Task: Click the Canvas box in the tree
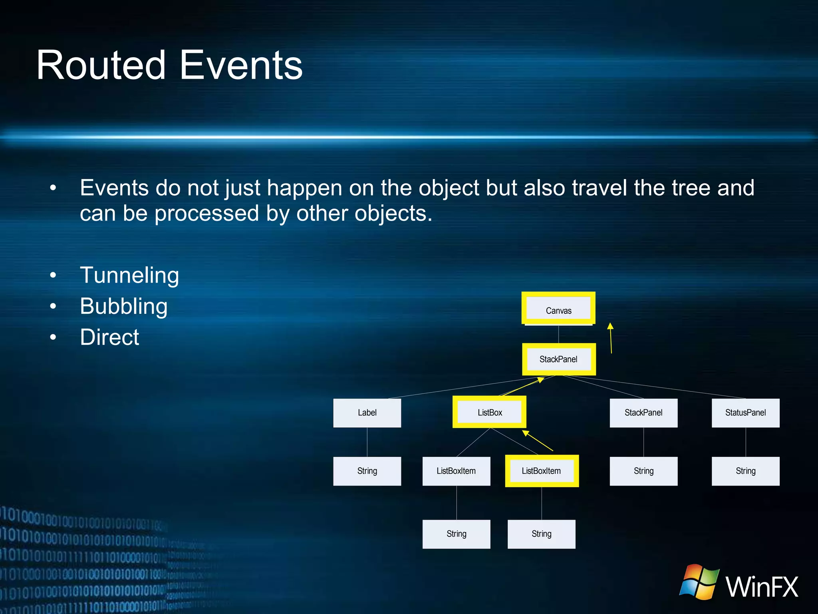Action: [558, 310]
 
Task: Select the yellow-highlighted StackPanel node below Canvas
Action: [558, 359]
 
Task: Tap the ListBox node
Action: [490, 412]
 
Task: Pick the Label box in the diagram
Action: [367, 413]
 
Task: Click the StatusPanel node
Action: [745, 413]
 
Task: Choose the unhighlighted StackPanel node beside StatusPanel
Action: [643, 413]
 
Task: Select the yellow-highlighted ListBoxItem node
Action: [541, 471]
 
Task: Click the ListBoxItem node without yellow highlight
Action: [456, 471]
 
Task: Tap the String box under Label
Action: [367, 471]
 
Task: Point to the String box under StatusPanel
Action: [745, 471]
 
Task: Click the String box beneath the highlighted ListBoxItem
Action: [541, 534]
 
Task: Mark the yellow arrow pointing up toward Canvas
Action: [611, 338]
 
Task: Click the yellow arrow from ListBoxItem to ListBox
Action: [538, 441]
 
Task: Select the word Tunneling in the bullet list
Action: [129, 275]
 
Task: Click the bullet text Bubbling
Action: [123, 306]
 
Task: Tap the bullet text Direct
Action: [109, 337]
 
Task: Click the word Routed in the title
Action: [101, 65]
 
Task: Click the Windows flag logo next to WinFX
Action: [699, 582]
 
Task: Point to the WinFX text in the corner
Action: [762, 587]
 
